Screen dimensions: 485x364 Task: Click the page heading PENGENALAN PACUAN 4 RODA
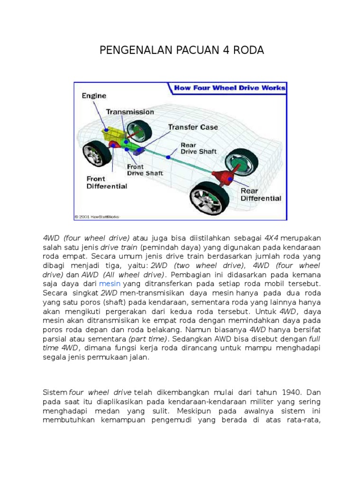182,50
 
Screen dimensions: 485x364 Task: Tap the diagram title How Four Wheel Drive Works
229,88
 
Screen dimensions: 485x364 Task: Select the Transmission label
130,112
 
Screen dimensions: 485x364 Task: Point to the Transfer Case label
193,127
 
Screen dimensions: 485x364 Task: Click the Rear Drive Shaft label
198,148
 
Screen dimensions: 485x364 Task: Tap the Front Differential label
107,182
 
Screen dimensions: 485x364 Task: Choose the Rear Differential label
261,195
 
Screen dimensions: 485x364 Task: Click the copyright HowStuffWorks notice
97,217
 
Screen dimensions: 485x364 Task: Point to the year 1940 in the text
291,392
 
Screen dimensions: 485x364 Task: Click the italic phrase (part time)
148,340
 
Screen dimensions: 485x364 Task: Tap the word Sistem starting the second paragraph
55,392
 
